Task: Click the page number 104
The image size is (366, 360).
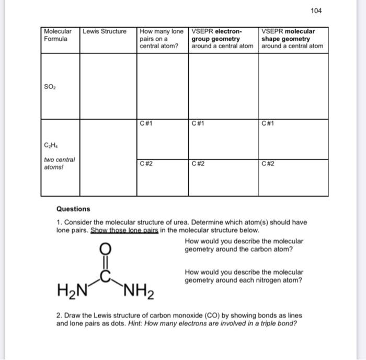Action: [317, 11]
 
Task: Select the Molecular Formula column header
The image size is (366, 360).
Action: [58, 35]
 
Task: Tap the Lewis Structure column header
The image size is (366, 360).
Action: [105, 31]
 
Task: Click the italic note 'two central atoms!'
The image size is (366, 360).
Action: [59, 163]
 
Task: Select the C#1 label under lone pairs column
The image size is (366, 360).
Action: [146, 124]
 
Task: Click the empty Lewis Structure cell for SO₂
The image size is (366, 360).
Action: [108, 85]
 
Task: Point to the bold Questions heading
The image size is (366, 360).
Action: [73, 209]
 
